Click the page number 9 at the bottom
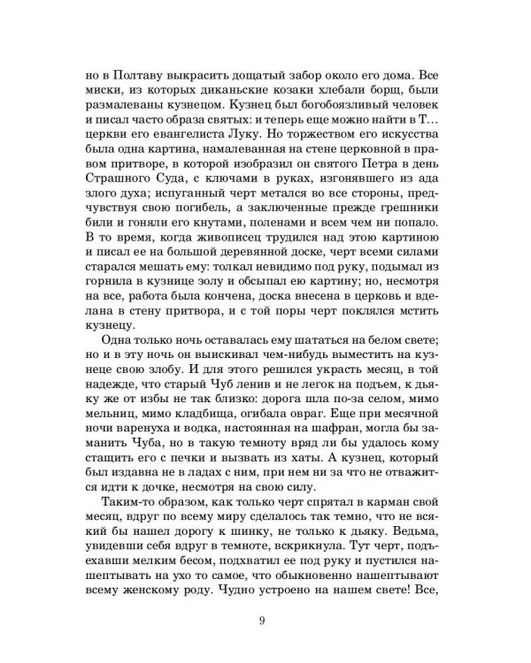coord(263,619)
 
